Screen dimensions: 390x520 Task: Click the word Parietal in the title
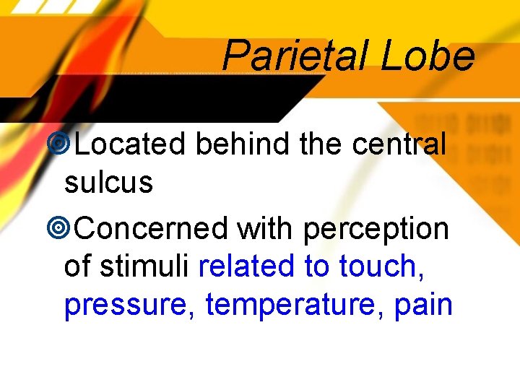tap(296, 56)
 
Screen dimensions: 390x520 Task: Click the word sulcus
tap(108, 183)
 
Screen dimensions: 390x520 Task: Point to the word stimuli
tap(149, 266)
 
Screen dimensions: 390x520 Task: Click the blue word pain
tap(423, 305)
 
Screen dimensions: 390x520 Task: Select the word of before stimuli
tap(78, 266)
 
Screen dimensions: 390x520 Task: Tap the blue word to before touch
tap(316, 266)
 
